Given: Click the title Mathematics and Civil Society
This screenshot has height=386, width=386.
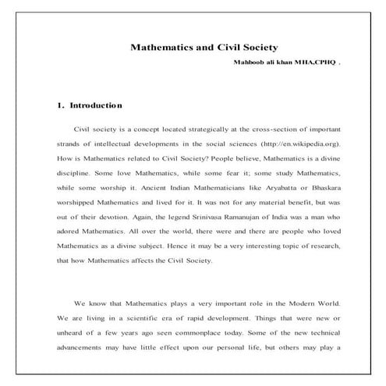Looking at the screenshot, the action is (x=205, y=47).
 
